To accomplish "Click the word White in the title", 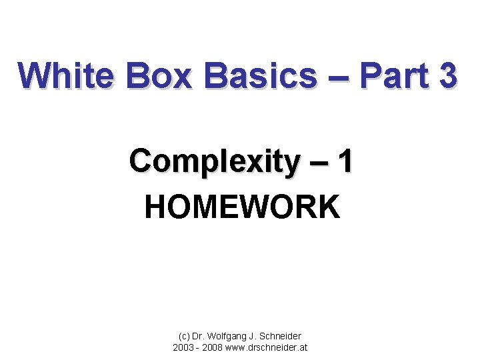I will coord(67,75).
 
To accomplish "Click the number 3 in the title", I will coord(448,75).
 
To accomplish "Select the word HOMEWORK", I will coord(242,207).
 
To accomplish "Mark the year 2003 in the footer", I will coord(183,347).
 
